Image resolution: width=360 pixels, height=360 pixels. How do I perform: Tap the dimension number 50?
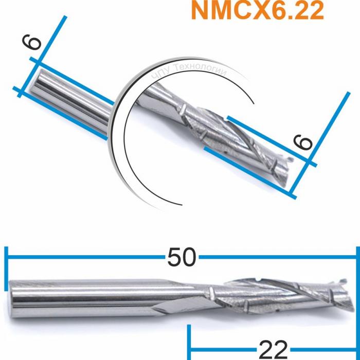pos(182,257)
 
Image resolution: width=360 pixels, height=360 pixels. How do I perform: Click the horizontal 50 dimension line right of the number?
pos(278,256)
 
